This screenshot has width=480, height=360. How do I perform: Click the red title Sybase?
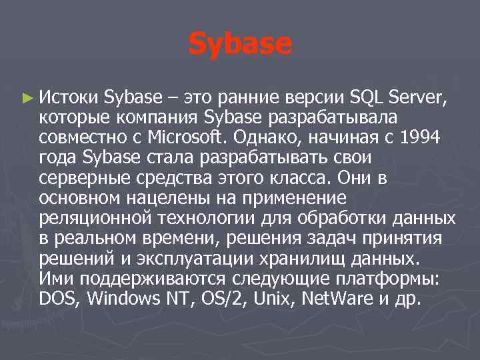(240, 44)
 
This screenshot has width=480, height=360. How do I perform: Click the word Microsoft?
(169, 139)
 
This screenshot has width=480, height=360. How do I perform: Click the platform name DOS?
(58, 299)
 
